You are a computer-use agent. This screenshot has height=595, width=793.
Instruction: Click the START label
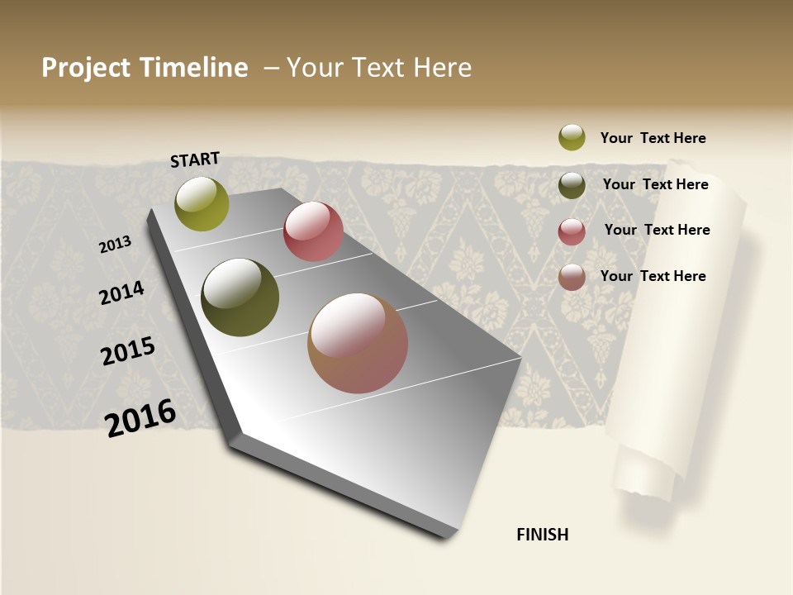point(196,159)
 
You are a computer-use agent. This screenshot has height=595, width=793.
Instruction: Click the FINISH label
point(542,535)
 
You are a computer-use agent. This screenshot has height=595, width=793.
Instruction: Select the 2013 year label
point(115,245)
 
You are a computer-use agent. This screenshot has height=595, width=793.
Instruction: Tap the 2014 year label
point(121,293)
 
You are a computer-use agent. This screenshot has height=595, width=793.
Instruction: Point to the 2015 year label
point(128,351)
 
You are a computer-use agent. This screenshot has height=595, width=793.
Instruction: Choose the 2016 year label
point(140,418)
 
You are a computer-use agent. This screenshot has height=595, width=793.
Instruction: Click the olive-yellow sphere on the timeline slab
point(202,203)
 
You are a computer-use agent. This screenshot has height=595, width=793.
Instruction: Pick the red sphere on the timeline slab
point(313,231)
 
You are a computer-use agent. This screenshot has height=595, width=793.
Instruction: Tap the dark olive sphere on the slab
point(240,297)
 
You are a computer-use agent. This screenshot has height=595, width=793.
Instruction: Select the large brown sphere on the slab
point(358,343)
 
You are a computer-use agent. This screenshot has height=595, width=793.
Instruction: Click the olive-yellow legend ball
point(572,137)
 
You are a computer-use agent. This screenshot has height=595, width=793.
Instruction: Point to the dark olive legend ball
point(572,185)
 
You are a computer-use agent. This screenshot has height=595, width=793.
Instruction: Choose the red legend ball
point(572,231)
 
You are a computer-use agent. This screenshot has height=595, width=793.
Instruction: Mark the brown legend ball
point(572,277)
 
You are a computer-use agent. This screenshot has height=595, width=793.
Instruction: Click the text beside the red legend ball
point(657,230)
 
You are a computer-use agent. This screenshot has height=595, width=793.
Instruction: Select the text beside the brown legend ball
point(653,276)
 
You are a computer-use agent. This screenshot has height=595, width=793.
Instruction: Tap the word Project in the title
point(85,68)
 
